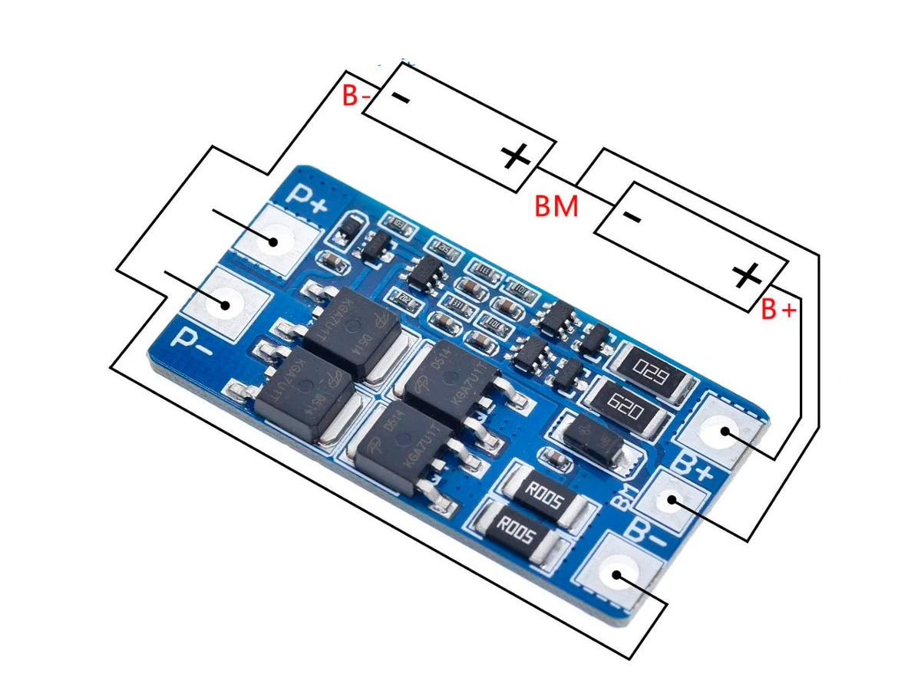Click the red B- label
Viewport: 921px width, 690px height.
click(356, 97)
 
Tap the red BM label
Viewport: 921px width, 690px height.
click(556, 206)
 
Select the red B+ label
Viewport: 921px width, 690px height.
click(778, 309)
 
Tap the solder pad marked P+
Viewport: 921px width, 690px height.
click(273, 240)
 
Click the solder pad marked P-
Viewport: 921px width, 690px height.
click(225, 304)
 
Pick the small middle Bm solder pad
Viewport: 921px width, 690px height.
click(671, 501)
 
